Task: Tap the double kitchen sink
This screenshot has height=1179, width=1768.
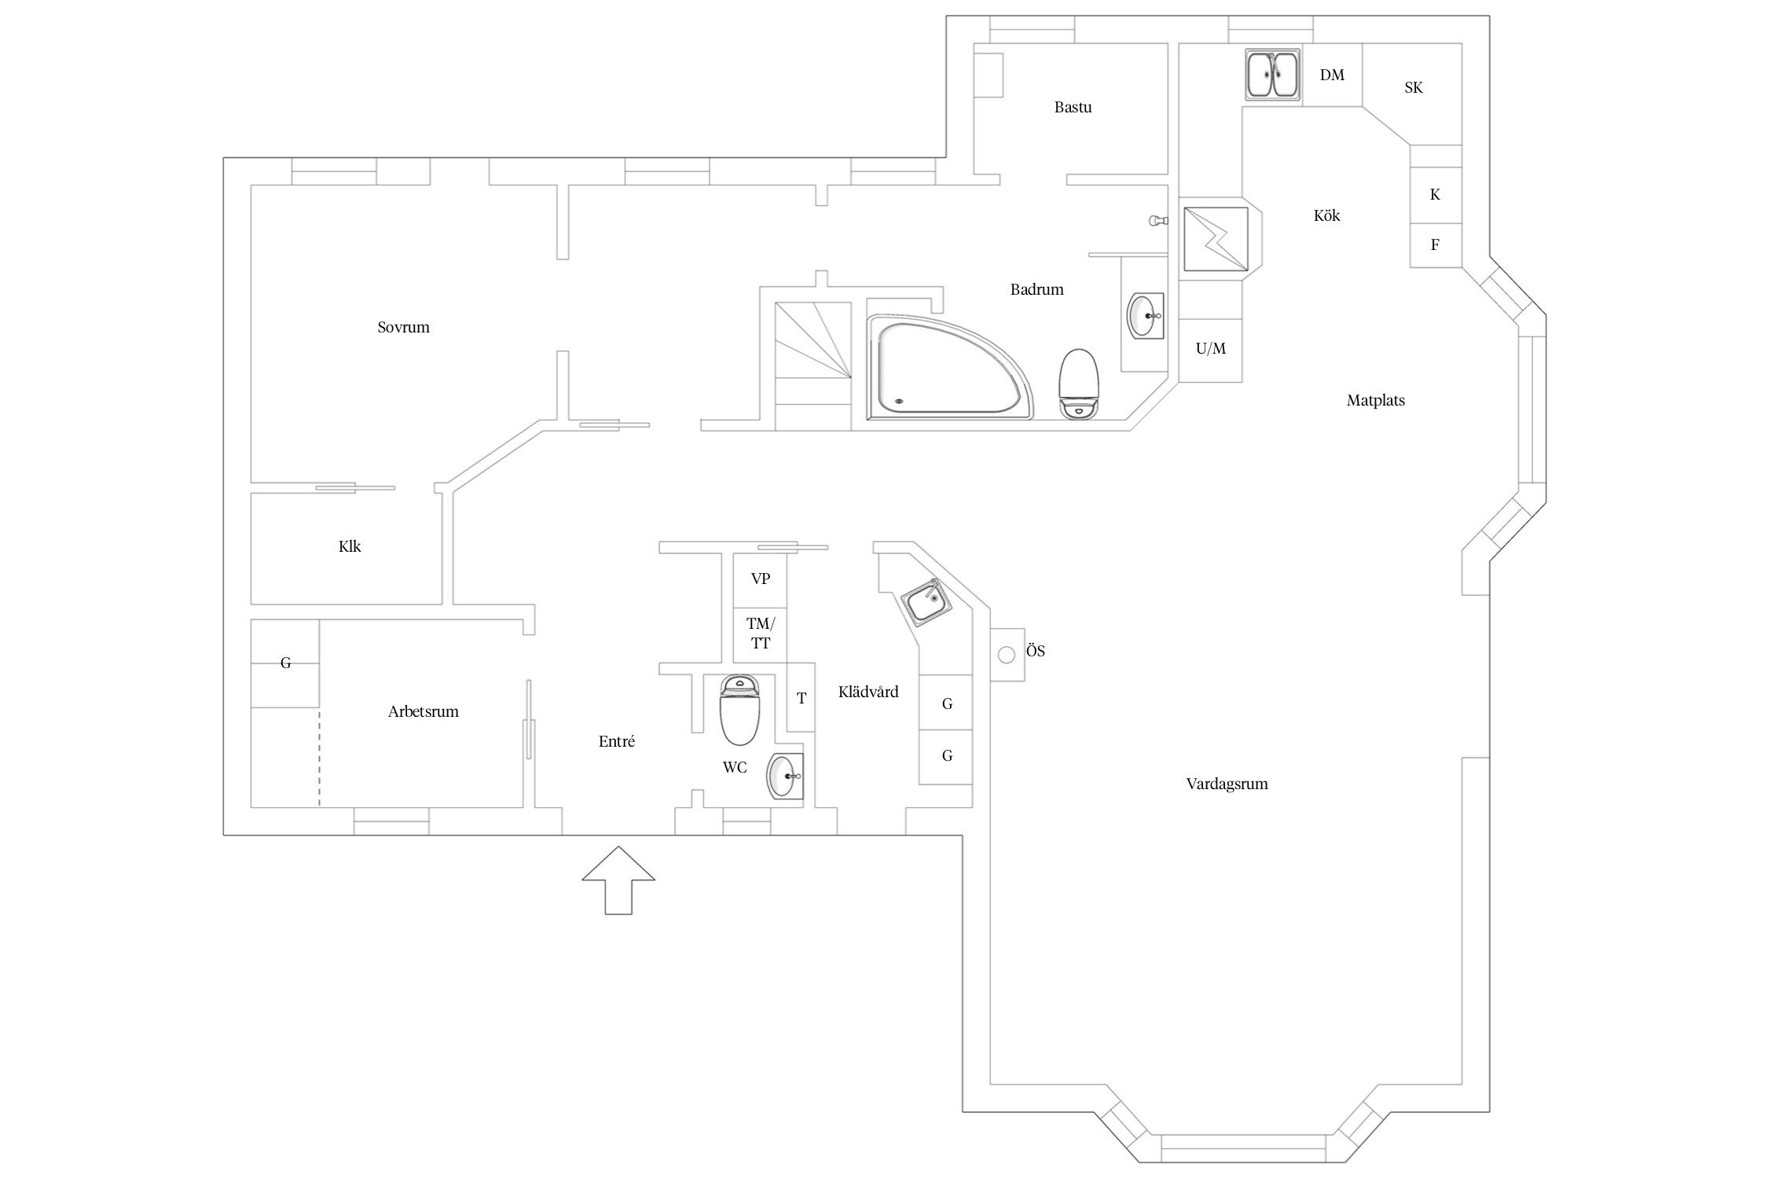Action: coord(1273,75)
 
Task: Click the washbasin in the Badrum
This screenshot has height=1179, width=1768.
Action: coord(1146,315)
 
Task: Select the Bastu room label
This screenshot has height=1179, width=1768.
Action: coord(1073,108)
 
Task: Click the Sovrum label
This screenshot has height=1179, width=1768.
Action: coord(403,328)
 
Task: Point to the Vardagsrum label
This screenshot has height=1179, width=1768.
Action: coord(1227,784)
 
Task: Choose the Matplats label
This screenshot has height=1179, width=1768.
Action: coord(1375,401)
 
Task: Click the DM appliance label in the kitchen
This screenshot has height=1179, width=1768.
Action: coord(1332,75)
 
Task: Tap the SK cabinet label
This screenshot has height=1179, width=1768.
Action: coord(1413,88)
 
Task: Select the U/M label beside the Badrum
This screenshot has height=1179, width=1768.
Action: coord(1210,349)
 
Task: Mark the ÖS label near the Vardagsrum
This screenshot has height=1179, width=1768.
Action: coord(1035,652)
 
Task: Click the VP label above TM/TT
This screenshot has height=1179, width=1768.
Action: coord(760,579)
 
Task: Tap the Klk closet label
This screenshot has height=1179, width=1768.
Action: coord(350,547)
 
